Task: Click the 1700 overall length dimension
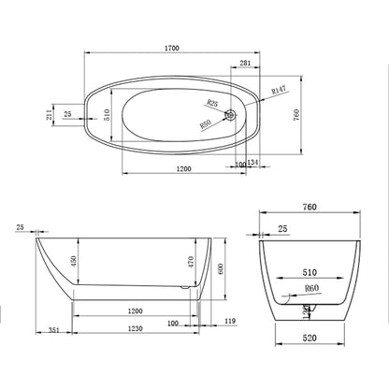coord(172,48)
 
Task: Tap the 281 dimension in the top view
coord(245,63)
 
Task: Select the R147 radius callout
coord(279,90)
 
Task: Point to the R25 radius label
coord(212,103)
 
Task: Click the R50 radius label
coord(206,124)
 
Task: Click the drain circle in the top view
coord(231,115)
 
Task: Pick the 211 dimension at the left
coord(50,114)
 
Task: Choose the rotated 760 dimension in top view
coord(296,115)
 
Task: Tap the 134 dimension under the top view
coord(252,162)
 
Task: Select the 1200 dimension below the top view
coord(183,169)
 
